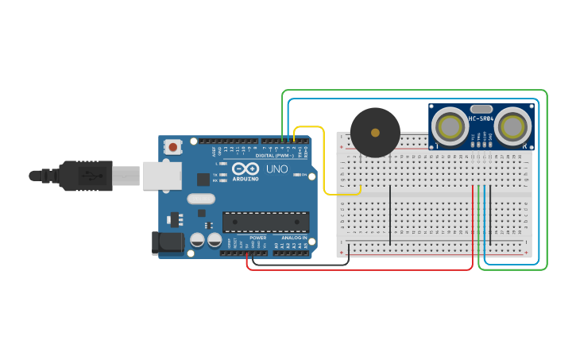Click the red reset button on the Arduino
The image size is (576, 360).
[173, 146]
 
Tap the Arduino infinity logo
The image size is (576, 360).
[245, 169]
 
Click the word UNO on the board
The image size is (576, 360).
[276, 169]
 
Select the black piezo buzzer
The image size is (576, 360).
[375, 132]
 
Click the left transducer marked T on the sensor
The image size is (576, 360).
[451, 126]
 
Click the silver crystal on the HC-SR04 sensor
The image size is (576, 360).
[481, 109]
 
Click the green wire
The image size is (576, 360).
[413, 91]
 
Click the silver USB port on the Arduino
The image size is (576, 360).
[162, 176]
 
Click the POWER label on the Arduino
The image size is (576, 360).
[258, 238]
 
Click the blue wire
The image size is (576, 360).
[413, 100]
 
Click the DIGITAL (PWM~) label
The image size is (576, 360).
[274, 155]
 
